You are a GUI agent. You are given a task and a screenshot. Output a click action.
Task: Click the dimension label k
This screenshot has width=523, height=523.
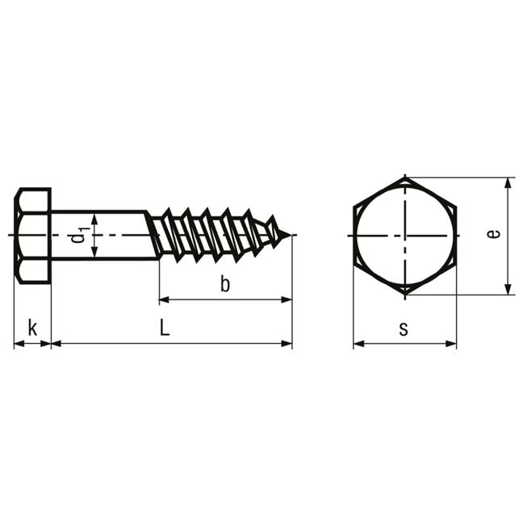[32, 328]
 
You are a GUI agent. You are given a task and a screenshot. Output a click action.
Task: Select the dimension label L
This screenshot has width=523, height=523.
[165, 328]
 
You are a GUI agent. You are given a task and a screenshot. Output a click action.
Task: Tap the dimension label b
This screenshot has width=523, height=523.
[225, 284]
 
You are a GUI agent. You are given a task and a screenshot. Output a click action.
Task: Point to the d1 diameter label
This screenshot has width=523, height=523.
[79, 235]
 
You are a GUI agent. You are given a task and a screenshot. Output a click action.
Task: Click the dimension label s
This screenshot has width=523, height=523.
[404, 328]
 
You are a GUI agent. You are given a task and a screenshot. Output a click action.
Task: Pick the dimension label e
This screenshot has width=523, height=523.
[493, 234]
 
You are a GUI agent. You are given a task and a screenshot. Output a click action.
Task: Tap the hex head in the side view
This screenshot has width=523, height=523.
[32, 236]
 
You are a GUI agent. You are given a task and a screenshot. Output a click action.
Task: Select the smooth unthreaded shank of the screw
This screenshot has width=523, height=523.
[100, 235]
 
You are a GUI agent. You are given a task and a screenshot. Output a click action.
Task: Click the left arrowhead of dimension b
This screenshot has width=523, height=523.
[164, 300]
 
